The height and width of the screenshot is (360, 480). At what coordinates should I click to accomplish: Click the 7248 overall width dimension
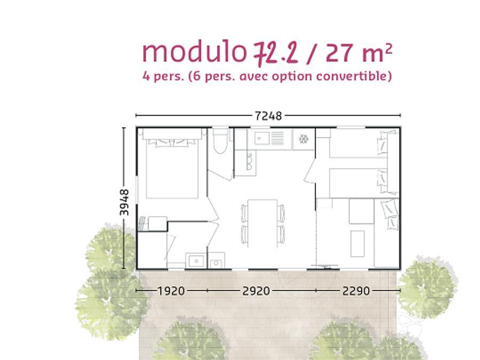coord(268,116)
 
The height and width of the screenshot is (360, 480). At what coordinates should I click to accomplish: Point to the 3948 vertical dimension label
coord(124,202)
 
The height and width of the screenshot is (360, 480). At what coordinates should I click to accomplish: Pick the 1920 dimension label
coord(171,291)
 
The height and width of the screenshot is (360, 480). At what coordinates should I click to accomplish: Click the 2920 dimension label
coord(256,291)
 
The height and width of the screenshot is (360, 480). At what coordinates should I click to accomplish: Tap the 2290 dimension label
coord(356,291)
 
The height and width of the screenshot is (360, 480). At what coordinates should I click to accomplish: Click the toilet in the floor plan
coord(220,140)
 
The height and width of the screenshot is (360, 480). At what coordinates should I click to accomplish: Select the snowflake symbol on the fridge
coord(303,139)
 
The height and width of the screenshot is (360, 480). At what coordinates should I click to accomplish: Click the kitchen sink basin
coord(261,138)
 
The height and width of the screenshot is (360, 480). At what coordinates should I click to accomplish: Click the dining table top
coord(262,223)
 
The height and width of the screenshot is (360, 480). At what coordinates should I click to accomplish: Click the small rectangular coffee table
coord(357,244)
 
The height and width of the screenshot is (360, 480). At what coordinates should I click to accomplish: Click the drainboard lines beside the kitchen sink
coord(277,138)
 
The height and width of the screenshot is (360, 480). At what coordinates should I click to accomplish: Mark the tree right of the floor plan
coord(427,286)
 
